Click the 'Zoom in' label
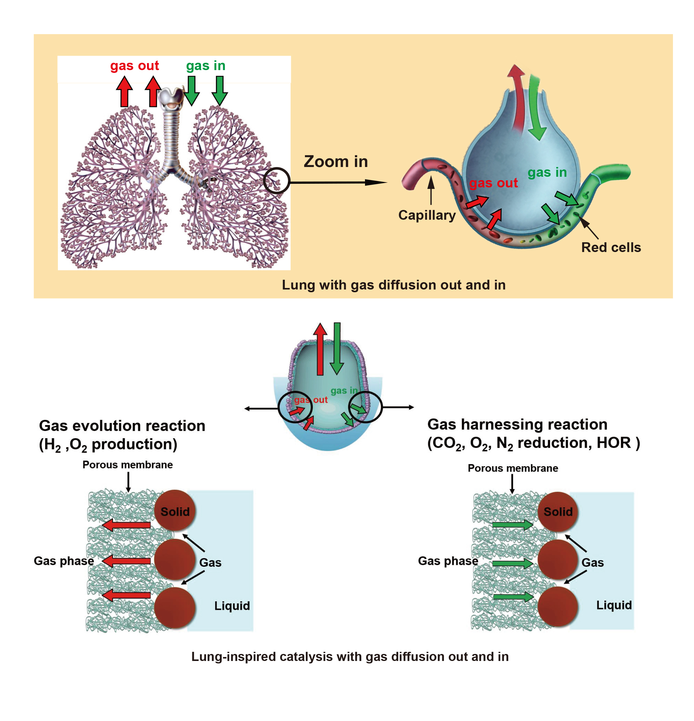pos(335,162)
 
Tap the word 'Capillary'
pos(427,215)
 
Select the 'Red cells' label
pos(611,247)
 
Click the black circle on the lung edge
pos(277,181)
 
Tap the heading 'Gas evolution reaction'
pos(122,426)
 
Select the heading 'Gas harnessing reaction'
pos(517,424)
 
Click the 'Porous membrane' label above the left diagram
pos(127,465)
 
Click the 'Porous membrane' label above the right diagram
pos(513,468)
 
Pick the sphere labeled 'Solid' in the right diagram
pos(557,511)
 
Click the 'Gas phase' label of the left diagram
pos(64,561)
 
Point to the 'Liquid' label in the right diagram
pos(614,605)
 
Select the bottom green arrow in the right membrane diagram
pos(512,597)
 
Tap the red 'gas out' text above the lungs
pos(134,66)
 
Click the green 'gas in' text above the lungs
pos(206,66)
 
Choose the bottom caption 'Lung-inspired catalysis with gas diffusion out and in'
pos(350,657)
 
